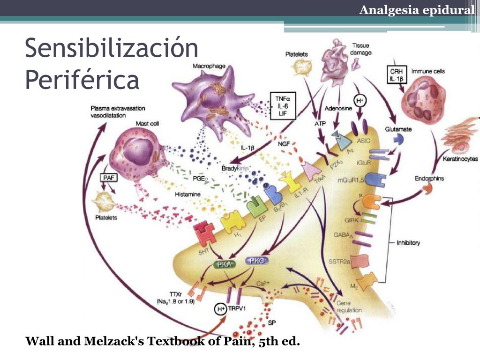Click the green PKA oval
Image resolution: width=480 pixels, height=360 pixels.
(x=225, y=264)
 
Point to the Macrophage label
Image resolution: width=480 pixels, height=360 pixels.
(x=209, y=66)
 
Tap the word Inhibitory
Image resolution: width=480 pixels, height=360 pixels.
(x=408, y=243)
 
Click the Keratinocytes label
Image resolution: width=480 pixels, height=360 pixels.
(x=460, y=159)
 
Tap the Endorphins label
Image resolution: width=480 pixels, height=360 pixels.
(x=429, y=179)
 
